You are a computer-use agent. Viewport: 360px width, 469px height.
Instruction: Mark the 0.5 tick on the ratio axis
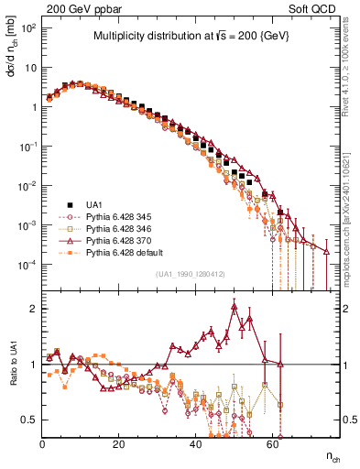point(29,420)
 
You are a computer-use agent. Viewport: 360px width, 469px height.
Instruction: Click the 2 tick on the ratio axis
point(34,309)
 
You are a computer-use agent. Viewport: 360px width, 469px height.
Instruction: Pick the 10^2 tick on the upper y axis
point(27,28)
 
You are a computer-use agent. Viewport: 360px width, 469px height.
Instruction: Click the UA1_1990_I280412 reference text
point(190,274)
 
